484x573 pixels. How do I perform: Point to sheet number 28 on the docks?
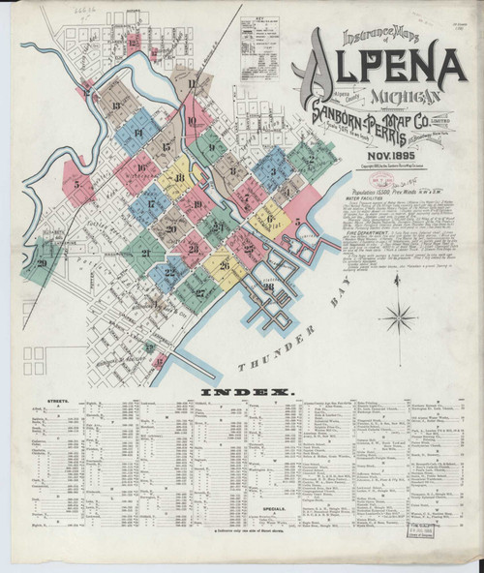[x=269, y=286]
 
